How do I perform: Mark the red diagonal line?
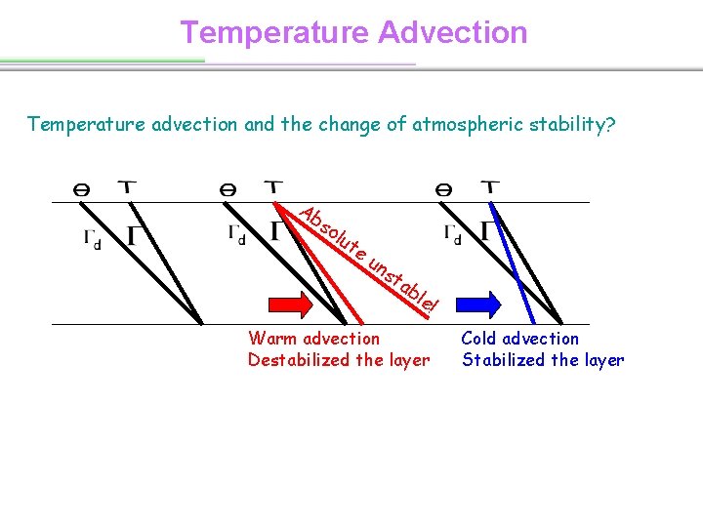coord(322,263)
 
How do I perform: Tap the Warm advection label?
coord(313,339)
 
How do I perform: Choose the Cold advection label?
coord(519,339)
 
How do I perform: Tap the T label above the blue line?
coord(491,187)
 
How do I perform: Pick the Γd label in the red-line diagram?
coord(237,232)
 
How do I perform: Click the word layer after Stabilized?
coord(601,360)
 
